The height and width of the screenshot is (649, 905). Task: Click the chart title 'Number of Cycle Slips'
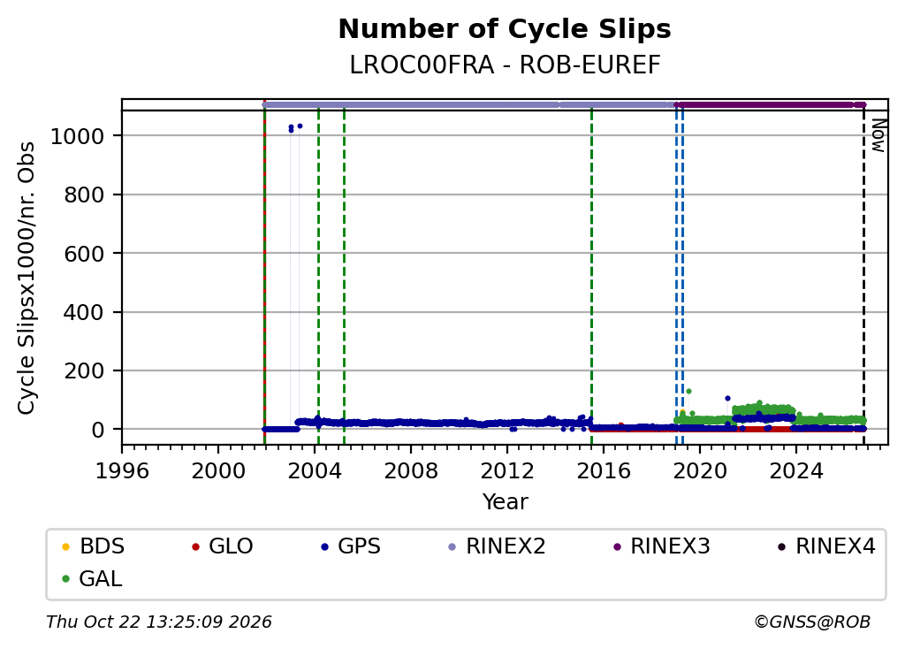pos(505,29)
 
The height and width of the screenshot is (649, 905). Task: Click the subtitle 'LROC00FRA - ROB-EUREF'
pos(505,65)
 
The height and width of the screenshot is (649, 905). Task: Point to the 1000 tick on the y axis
pos(78,137)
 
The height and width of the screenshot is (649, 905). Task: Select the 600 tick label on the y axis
pos(84,254)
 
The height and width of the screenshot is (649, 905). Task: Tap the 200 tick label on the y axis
pos(84,371)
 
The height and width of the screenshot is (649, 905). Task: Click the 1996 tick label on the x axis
pos(122,471)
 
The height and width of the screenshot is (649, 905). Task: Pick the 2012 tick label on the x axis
pos(507,471)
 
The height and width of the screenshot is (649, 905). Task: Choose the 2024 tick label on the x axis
pos(796,471)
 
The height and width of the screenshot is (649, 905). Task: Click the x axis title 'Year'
pos(505,501)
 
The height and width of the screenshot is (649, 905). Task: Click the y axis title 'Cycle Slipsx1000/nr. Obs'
pos(27,279)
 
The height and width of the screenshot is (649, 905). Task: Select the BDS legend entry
pos(94,546)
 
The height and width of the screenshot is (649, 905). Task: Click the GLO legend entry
pos(222,546)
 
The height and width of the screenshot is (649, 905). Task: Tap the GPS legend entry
pos(351,546)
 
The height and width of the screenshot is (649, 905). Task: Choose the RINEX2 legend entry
pos(497,546)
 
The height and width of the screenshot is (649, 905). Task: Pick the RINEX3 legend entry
pos(661,546)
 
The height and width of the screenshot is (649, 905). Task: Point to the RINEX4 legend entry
pos(826,546)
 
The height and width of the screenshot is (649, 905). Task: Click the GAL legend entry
pos(92,578)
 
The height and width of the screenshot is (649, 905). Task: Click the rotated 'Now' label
pos(878,135)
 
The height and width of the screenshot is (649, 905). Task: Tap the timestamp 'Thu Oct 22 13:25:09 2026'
pos(159,622)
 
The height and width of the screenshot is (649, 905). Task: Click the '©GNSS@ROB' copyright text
pos(812,622)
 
